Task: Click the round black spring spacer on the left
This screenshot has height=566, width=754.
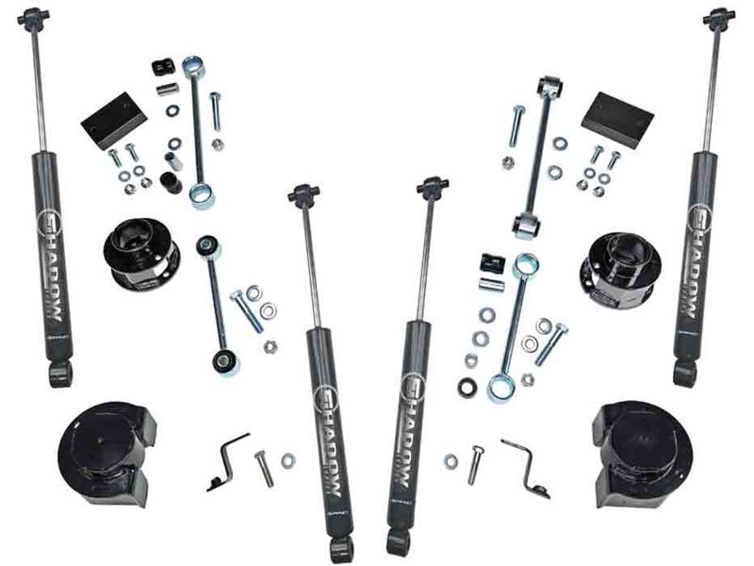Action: tap(141, 252)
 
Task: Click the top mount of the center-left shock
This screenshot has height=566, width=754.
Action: tap(303, 194)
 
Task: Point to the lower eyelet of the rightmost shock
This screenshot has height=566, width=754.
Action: tap(685, 373)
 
